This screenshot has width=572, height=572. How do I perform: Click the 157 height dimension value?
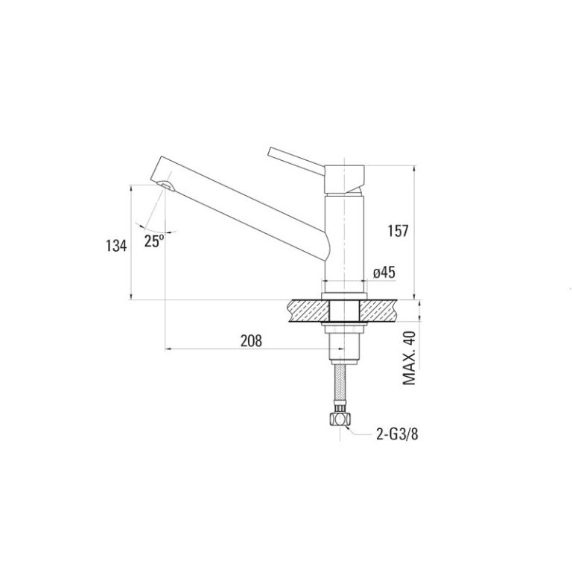click(398, 231)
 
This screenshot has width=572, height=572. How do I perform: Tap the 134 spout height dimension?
click(116, 246)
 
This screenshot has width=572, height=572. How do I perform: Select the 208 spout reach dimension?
click(251, 340)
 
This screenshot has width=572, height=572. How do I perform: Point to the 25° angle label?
click(154, 241)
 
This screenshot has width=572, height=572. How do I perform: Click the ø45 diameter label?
click(384, 272)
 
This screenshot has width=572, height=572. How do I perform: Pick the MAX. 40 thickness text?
click(410, 357)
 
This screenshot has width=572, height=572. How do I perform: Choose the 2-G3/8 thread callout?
click(397, 434)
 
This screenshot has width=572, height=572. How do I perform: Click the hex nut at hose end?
click(340, 419)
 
